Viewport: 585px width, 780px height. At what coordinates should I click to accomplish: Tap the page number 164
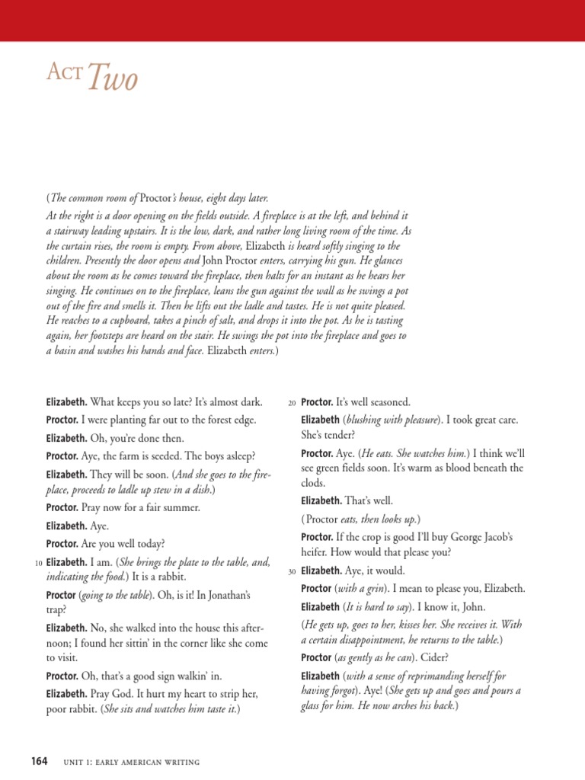tap(39, 761)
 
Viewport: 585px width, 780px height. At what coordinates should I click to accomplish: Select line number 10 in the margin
tap(38, 563)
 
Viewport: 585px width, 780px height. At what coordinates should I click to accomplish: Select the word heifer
tap(317, 552)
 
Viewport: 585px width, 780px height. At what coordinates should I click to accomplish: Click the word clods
tap(313, 483)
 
